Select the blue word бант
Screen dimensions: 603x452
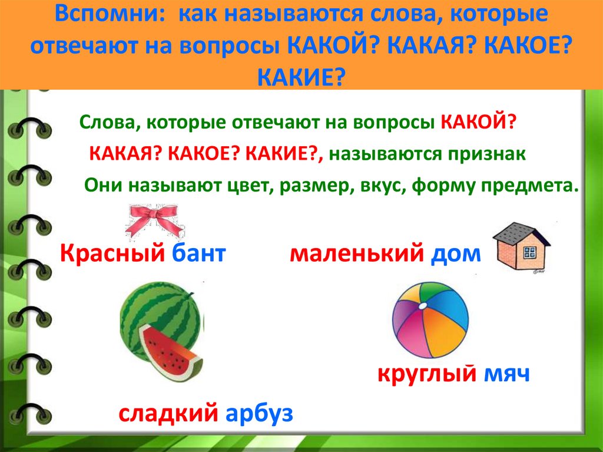tap(198, 254)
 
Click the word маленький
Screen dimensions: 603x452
tap(357, 254)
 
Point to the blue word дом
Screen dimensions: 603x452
tap(456, 255)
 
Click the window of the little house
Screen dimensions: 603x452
tap(529, 253)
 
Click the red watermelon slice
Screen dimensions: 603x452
tap(169, 351)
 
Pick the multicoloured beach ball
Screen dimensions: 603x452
tap(430, 319)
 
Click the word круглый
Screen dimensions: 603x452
tap(427, 374)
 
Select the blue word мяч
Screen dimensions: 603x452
tap(506, 374)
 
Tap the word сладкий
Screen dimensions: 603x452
tap(168, 413)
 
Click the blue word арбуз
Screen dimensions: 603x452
tap(259, 414)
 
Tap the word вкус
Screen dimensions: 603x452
tap(382, 186)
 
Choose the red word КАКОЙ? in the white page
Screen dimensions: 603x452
tap(477, 123)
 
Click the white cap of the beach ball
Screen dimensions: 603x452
tap(422, 306)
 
